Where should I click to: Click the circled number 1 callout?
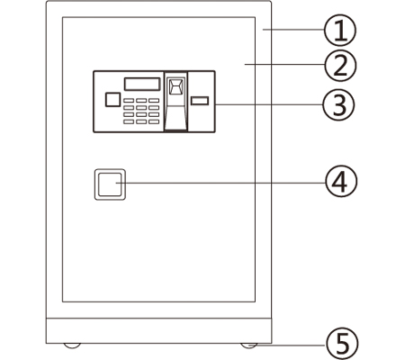(340, 31)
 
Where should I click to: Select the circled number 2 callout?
(340, 66)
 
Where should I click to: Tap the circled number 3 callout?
(338, 104)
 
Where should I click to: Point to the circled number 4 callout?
(341, 181)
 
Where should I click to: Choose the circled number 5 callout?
(342, 343)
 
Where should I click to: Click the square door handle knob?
(110, 184)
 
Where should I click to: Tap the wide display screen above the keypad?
(142, 84)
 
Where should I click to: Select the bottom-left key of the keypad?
(129, 121)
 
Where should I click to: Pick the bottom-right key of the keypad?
(154, 121)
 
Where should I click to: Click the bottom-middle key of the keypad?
(141, 121)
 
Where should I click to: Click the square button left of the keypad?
(112, 100)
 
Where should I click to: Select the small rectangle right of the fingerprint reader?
(200, 101)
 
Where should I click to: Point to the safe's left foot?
(72, 346)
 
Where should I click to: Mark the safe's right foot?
(248, 346)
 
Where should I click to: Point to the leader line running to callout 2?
(284, 64)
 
